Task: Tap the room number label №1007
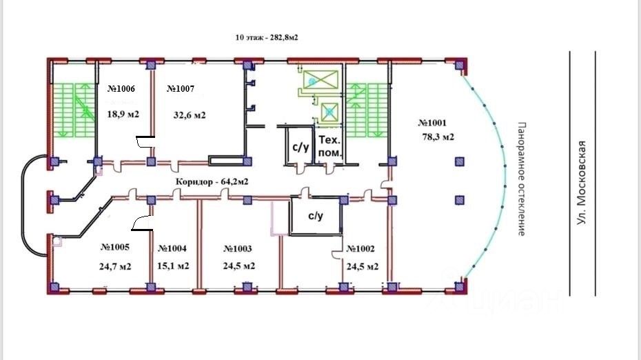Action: click(181, 89)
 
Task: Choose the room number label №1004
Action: click(172, 248)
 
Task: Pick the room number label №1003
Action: click(238, 248)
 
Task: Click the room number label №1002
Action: click(360, 248)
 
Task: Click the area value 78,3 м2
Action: click(438, 137)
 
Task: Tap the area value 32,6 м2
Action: click(190, 115)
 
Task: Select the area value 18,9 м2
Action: click(123, 114)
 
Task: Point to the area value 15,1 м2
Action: click(174, 266)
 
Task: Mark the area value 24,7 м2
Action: click(115, 266)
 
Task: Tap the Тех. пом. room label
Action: click(329, 146)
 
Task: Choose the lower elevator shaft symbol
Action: click(329, 110)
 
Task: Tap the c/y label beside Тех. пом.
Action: click(300, 146)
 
